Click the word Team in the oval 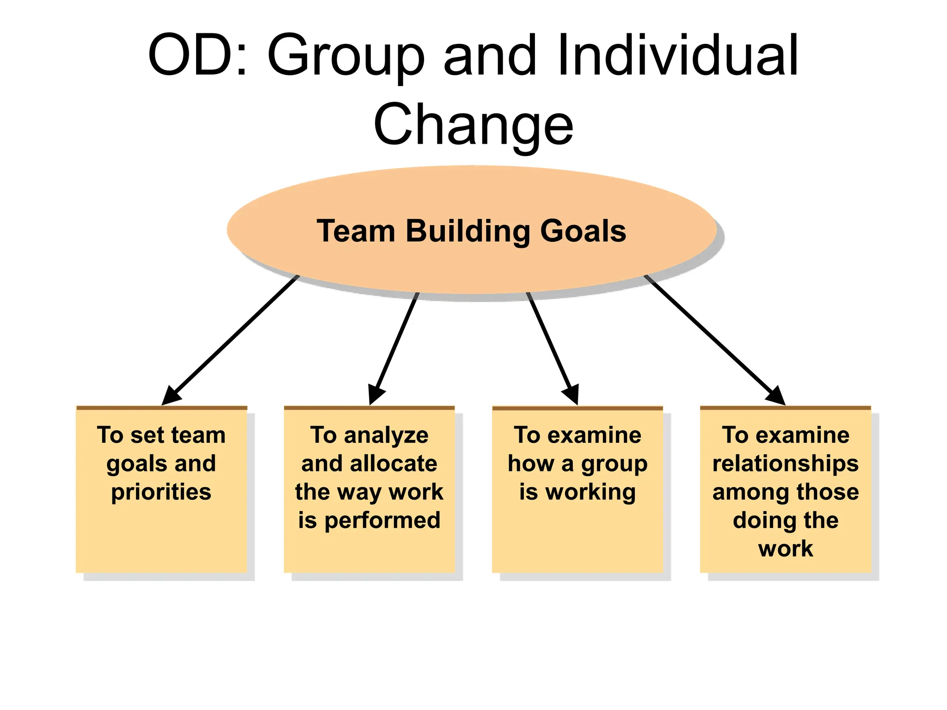356,231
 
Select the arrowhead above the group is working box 572,395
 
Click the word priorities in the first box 161,492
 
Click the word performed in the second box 382,520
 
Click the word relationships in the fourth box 785,464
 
